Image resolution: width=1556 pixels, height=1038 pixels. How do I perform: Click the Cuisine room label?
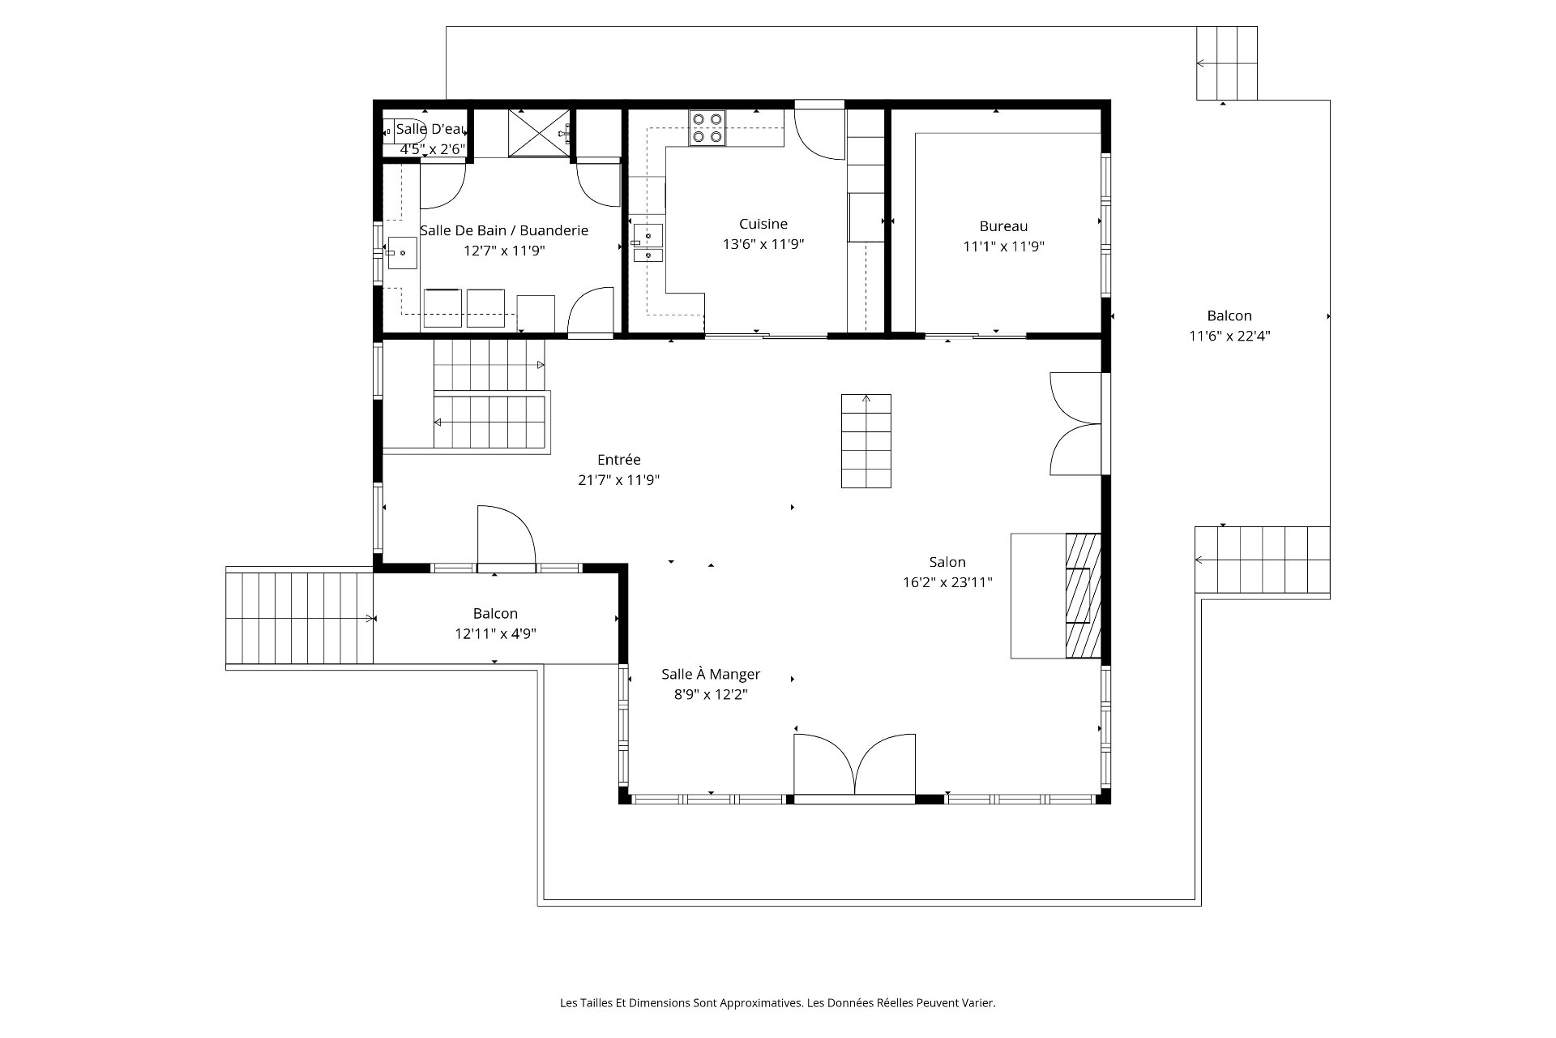click(x=763, y=224)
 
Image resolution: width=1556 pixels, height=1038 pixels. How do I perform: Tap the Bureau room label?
click(x=1003, y=226)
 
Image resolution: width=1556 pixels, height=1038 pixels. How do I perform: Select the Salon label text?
click(x=947, y=562)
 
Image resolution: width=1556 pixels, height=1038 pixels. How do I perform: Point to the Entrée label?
click(x=619, y=460)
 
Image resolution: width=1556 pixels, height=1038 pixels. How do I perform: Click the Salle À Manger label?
click(x=711, y=674)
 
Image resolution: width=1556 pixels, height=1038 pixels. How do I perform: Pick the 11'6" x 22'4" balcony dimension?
click(x=1229, y=337)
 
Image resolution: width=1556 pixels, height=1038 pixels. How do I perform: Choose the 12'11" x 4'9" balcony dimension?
click(x=495, y=634)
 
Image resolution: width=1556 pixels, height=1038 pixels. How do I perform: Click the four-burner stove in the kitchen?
click(x=707, y=128)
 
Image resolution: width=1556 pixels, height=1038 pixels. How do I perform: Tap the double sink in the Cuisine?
click(x=648, y=244)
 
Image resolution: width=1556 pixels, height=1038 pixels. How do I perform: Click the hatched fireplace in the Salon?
click(x=1083, y=595)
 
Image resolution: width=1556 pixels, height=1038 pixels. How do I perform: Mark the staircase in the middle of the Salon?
click(x=866, y=441)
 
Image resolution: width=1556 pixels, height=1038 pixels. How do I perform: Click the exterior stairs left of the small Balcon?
click(x=299, y=617)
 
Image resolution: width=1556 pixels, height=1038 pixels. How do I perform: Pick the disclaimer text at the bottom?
click(x=778, y=1003)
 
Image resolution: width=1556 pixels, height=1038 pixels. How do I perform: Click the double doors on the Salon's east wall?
click(x=1075, y=423)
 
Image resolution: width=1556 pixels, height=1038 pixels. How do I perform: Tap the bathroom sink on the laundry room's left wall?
click(x=402, y=253)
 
